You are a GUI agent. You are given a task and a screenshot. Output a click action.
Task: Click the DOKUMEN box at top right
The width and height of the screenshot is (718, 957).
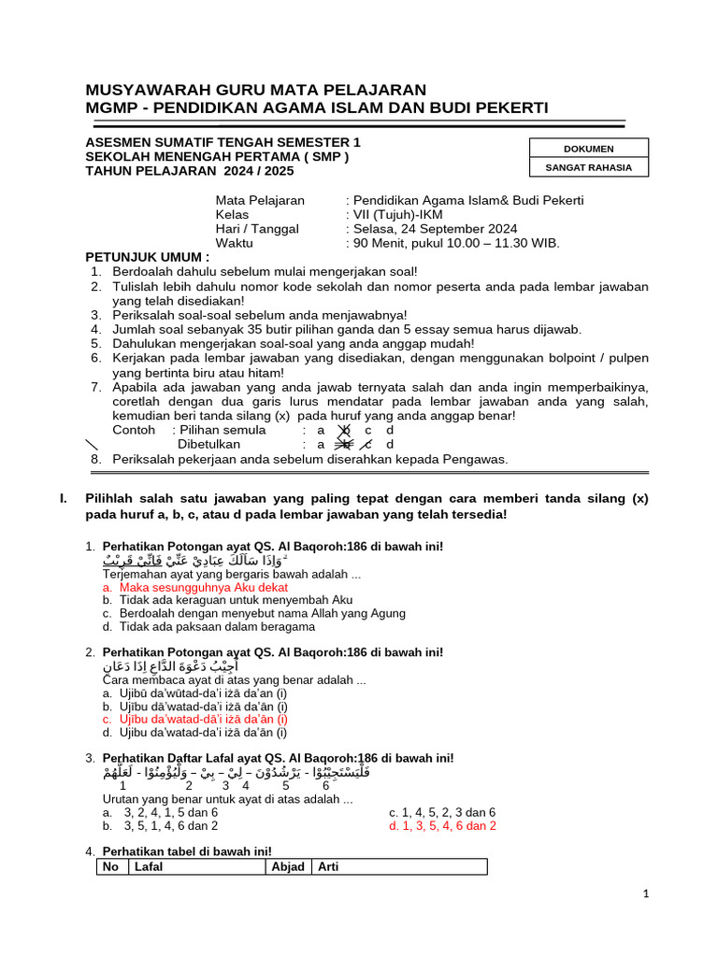pos(588,149)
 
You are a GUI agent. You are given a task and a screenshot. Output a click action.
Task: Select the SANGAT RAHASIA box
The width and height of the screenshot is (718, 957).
pos(588,168)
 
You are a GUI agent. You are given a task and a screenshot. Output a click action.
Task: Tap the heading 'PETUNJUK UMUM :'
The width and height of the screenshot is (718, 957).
pos(148,257)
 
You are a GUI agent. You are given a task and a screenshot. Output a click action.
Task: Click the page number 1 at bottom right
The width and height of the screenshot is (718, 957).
pos(646,894)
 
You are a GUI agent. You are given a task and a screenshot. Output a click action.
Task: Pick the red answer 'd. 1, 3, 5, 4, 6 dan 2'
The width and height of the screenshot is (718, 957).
pos(442,826)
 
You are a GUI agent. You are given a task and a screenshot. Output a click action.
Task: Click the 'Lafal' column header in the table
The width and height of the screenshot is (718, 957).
pos(150,867)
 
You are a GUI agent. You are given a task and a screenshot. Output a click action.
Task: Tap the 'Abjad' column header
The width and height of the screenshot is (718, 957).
pos(288,867)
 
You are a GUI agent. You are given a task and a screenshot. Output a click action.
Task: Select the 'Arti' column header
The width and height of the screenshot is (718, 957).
pos(328,867)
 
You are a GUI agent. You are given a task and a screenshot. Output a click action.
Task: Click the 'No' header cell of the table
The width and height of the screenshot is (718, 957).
pos(111,867)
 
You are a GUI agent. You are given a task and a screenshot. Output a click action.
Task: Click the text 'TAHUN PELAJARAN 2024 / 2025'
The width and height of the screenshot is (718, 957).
pos(190,171)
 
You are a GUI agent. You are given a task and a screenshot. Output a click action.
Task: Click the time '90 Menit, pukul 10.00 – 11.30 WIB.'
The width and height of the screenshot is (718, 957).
pos(455,243)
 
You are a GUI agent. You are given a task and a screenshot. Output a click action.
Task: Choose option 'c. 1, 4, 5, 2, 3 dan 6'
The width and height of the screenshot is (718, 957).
pos(442,812)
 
